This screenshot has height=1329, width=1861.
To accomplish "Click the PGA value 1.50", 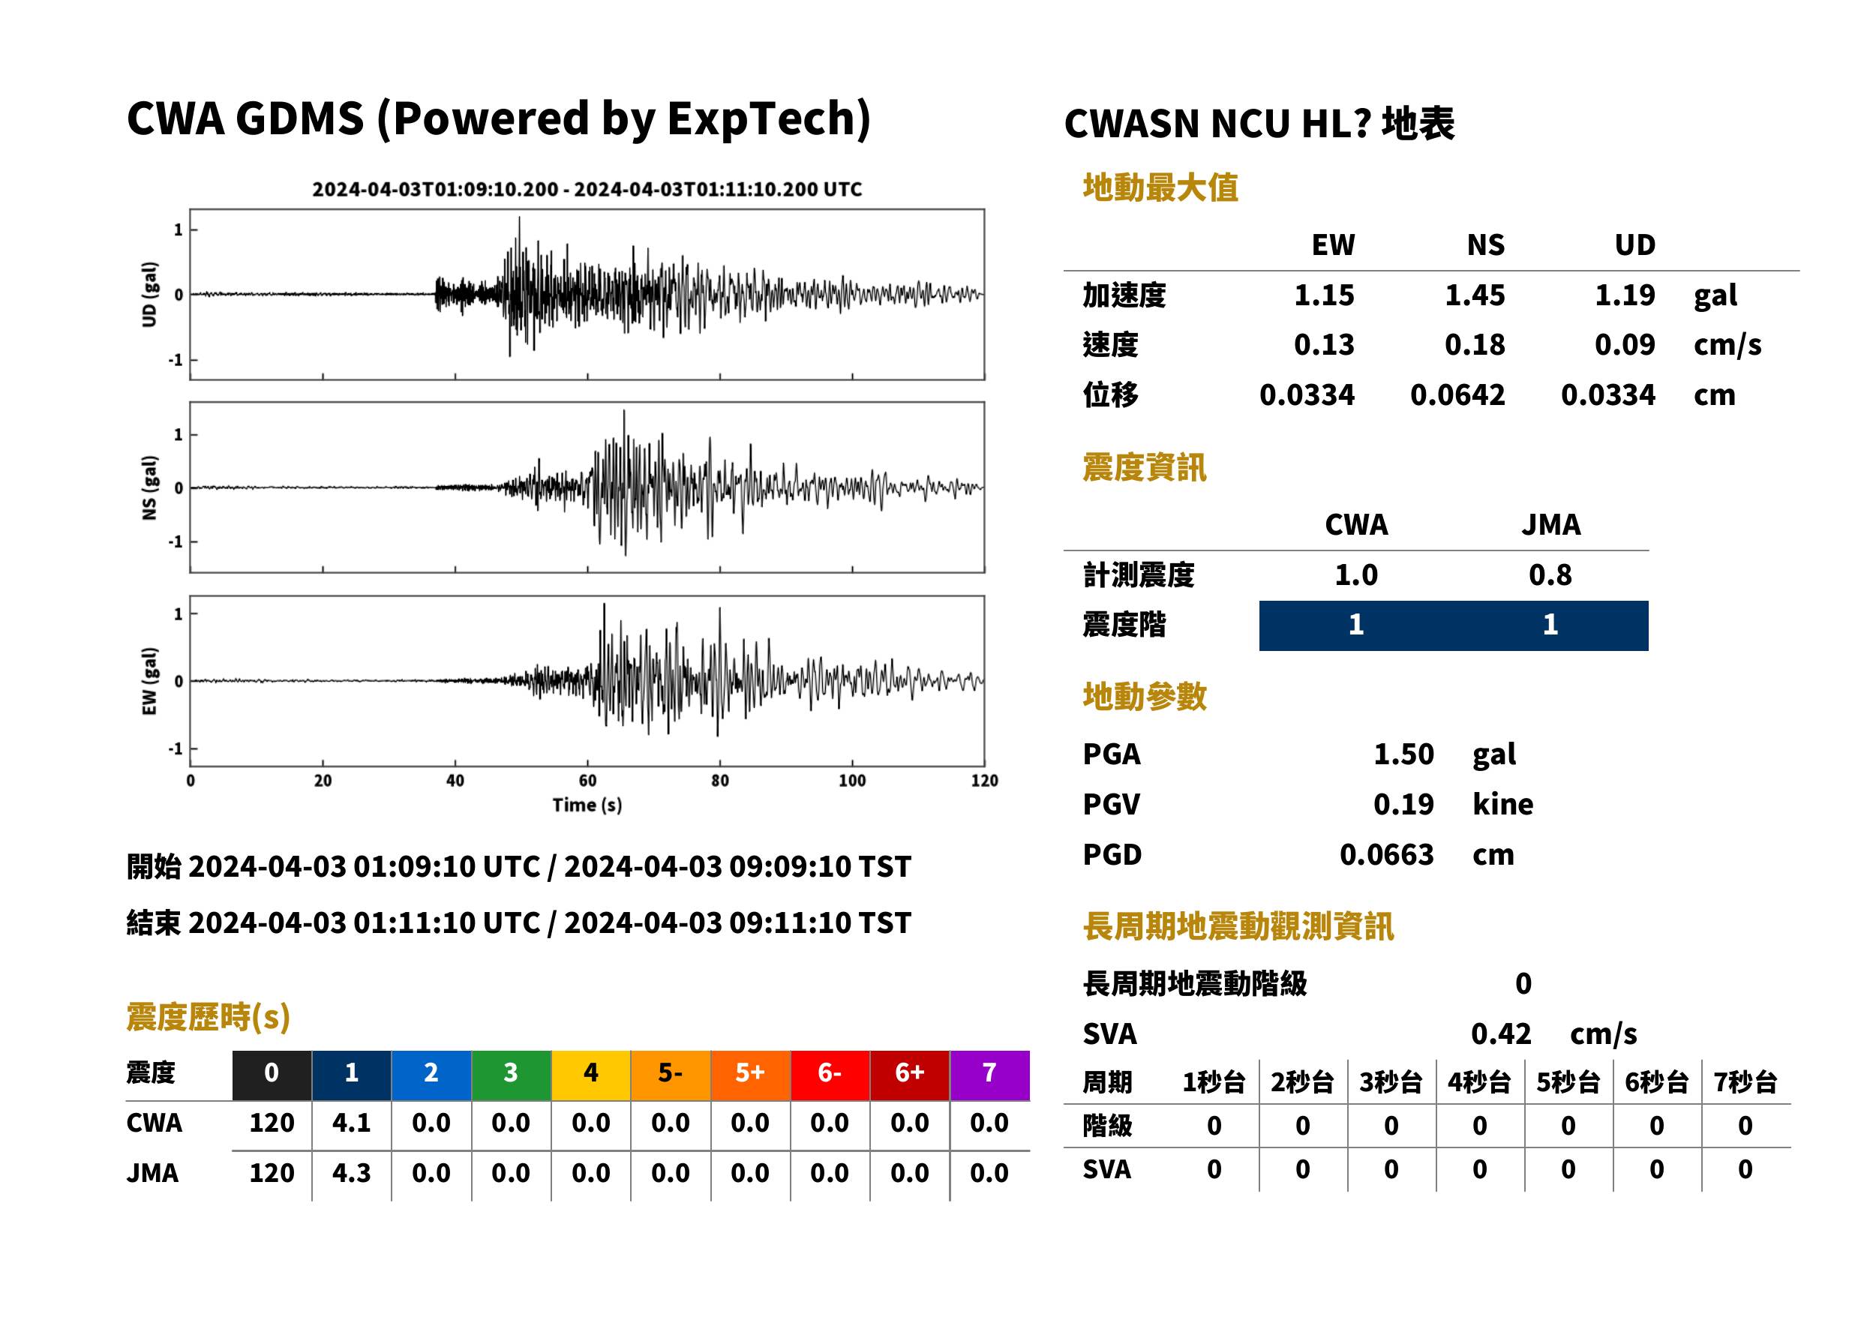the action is (x=1403, y=754).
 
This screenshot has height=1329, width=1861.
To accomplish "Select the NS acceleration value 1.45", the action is (x=1474, y=295).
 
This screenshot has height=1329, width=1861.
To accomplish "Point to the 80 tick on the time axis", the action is (x=719, y=781).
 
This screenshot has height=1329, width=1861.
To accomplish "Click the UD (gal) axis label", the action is (x=149, y=295).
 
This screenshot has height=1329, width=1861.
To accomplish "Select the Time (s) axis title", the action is (x=587, y=805).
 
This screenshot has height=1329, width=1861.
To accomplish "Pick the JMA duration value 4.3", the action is (x=351, y=1174).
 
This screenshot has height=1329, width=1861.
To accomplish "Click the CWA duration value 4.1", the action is (x=351, y=1123).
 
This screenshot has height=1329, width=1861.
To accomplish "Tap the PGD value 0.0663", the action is (x=1386, y=854).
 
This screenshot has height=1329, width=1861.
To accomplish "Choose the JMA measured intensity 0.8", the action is (x=1550, y=574).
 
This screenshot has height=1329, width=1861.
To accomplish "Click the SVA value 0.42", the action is (x=1501, y=1033).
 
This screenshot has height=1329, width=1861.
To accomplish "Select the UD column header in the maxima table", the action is (x=1634, y=244).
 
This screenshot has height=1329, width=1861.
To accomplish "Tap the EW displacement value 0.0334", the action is (x=1307, y=395).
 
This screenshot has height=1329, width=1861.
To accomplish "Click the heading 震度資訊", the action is (x=1144, y=467).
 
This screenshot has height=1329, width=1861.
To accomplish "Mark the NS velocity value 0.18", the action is (x=1474, y=344).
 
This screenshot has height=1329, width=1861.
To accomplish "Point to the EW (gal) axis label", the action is (x=149, y=681).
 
